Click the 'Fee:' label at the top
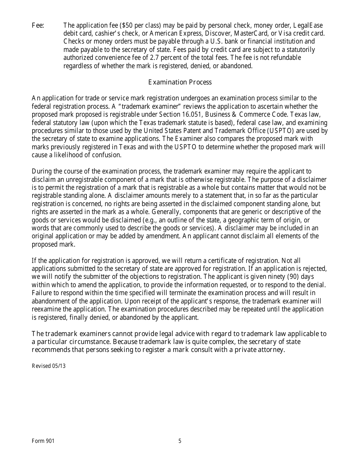coord(38,25)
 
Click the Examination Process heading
coord(180,82)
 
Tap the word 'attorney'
coord(272,350)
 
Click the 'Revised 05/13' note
coord(49,366)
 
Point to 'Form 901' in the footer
coord(43,441)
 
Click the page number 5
coord(180,441)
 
